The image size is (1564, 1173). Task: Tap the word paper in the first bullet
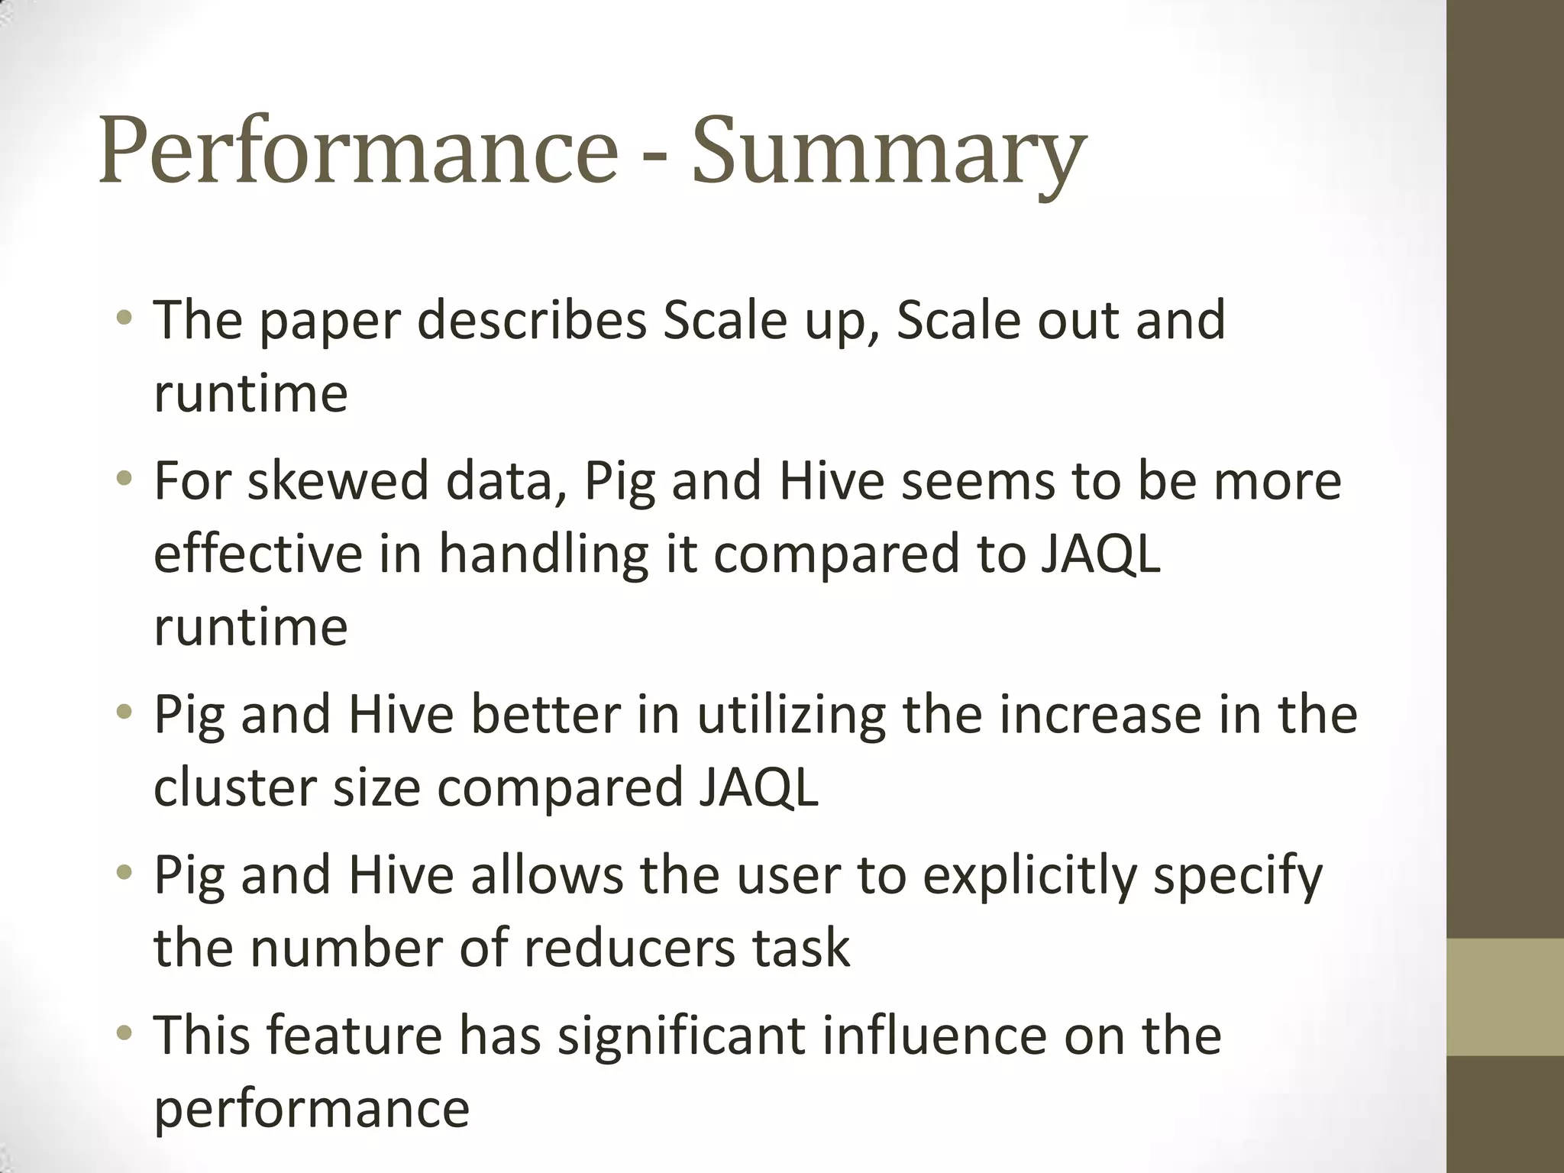pyautogui.click(x=329, y=322)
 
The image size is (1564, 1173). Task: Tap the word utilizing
pyautogui.click(x=791, y=716)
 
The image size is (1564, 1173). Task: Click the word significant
pyautogui.click(x=680, y=1037)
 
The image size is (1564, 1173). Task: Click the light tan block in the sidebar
pyautogui.click(x=1504, y=997)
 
